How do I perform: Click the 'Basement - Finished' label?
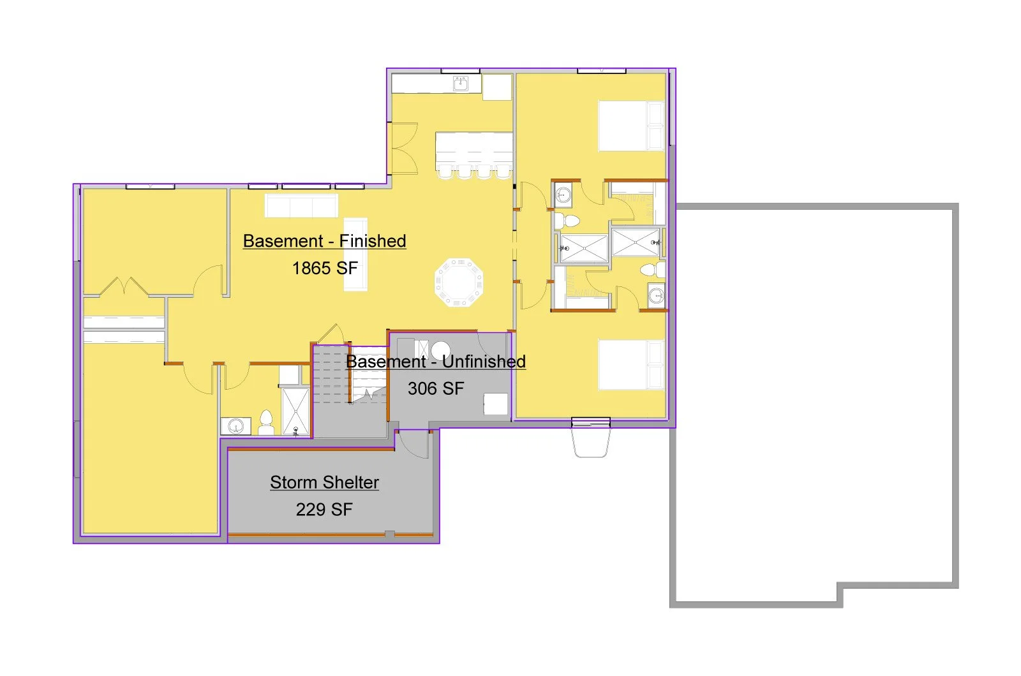click(x=325, y=241)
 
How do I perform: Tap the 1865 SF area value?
click(x=325, y=268)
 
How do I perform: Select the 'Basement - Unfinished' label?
click(x=436, y=362)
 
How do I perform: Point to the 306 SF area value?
click(x=436, y=388)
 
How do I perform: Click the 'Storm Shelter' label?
click(x=324, y=482)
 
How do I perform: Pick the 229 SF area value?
click(x=324, y=510)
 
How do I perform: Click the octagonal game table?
click(x=459, y=283)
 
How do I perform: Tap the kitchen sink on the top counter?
click(x=460, y=84)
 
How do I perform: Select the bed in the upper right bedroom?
click(x=631, y=126)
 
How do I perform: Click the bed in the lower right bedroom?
click(x=631, y=365)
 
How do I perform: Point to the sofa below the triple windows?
click(x=301, y=206)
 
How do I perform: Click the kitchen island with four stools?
click(x=474, y=155)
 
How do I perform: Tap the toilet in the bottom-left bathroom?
click(x=266, y=423)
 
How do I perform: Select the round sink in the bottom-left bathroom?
click(x=235, y=427)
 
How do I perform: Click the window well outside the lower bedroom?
click(x=591, y=438)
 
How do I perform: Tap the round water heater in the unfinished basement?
click(x=440, y=350)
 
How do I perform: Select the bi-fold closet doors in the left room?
click(x=124, y=286)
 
